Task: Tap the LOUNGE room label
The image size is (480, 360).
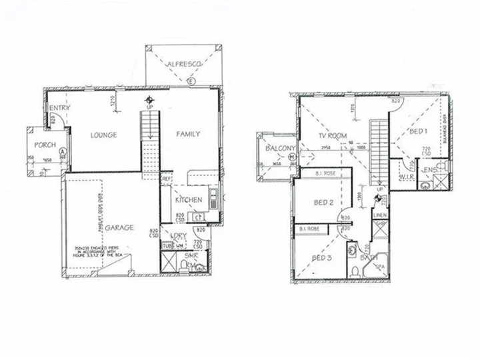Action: pos(104,135)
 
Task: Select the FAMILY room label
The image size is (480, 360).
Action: pos(188,134)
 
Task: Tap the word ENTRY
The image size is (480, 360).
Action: pos(59,109)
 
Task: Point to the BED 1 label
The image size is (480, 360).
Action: pos(418,132)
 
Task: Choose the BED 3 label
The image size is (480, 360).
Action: pos(323,259)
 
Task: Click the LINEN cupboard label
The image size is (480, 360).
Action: pos(381,215)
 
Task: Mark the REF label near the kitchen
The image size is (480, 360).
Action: pos(166,179)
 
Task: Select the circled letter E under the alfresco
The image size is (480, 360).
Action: pos(191,81)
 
